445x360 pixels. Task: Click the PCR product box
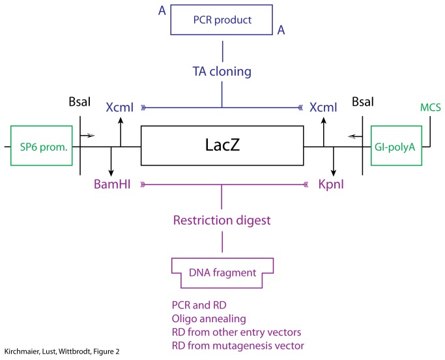click(x=222, y=20)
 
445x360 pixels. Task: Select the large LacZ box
click(x=222, y=145)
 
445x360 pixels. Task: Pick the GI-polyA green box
click(x=395, y=146)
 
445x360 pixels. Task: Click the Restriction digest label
click(x=222, y=220)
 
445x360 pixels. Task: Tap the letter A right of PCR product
click(x=281, y=29)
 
